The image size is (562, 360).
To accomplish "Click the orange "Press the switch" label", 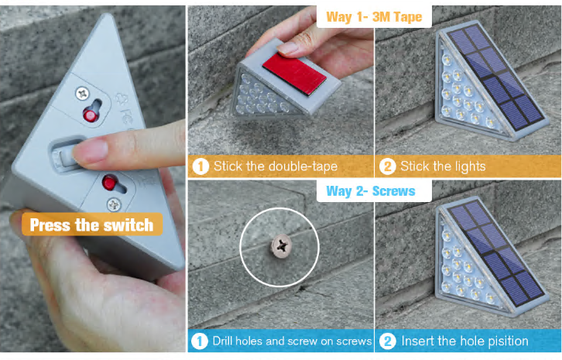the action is click(92, 225).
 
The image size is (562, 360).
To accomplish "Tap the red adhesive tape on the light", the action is click(295, 74).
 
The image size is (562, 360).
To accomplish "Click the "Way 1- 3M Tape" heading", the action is click(374, 17).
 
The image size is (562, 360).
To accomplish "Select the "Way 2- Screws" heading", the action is click(371, 191).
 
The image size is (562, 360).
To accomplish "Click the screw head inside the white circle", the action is click(281, 245).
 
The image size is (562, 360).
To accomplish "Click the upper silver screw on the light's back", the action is click(83, 94).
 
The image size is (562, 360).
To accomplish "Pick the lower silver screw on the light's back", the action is click(114, 205).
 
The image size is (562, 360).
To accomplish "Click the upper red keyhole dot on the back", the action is click(90, 115).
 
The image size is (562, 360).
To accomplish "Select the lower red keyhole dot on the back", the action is click(109, 183).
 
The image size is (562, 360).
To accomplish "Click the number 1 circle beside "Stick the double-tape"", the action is click(200, 166).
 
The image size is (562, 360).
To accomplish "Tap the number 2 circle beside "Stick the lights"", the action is click(388, 166).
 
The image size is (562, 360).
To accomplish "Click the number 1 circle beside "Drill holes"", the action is click(200, 341).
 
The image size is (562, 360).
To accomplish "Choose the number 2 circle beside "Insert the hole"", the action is click(388, 341).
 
